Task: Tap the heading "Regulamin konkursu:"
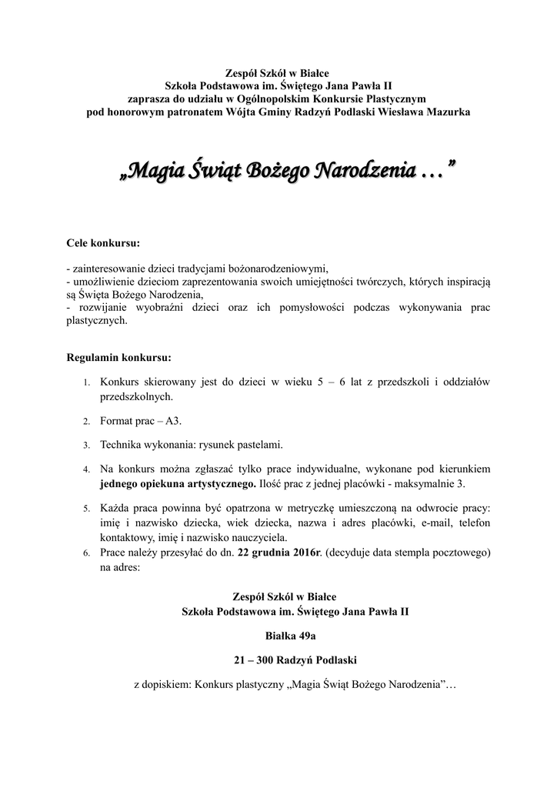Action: pyautogui.click(x=119, y=358)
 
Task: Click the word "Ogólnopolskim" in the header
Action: pyautogui.click(x=287, y=99)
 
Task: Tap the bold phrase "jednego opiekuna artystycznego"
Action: pyautogui.click(x=177, y=484)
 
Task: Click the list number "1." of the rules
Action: pyautogui.click(x=86, y=382)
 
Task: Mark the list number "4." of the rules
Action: pyautogui.click(x=86, y=469)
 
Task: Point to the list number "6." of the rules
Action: pyautogui.click(x=86, y=553)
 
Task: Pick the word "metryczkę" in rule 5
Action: pyautogui.click(x=288, y=509)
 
